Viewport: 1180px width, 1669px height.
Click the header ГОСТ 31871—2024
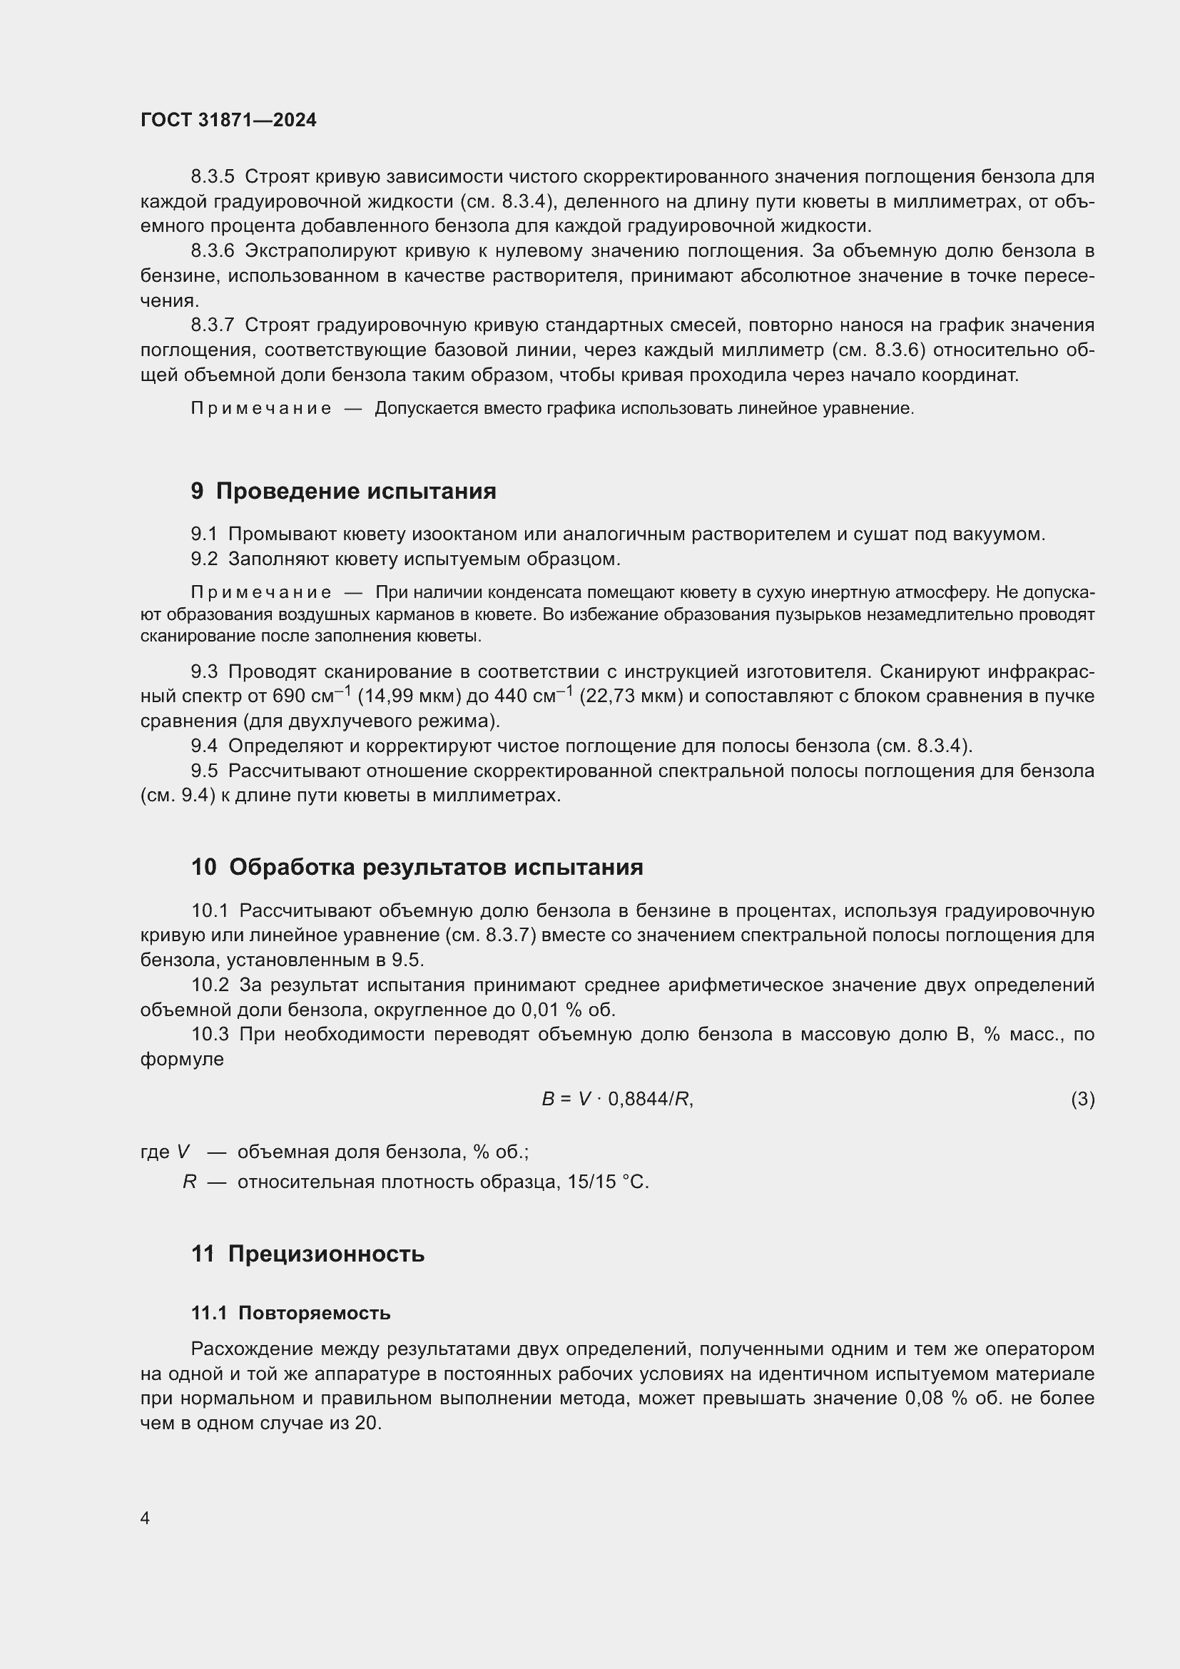pos(228,120)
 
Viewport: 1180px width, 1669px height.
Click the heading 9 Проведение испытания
pos(344,491)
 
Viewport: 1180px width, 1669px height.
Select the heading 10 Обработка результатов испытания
pos(417,867)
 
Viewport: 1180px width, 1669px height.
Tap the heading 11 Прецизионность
pos(308,1253)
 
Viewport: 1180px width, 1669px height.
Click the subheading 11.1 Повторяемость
pos(290,1313)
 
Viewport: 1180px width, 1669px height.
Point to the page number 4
pos(145,1518)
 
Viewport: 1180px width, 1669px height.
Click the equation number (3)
pos(1082,1098)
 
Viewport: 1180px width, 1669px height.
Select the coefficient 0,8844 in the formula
pos(638,1099)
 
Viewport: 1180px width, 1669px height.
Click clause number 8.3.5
pos(212,177)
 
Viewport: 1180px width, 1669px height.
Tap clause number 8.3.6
pos(212,250)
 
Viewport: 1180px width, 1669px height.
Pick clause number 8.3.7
pos(212,325)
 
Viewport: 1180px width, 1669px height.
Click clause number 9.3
pos(204,671)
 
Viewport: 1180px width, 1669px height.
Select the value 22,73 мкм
pos(631,696)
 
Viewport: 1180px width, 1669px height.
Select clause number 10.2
pos(210,985)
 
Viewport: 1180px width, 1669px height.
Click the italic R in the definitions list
pos(189,1182)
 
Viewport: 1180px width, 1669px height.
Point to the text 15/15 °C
pos(608,1182)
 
